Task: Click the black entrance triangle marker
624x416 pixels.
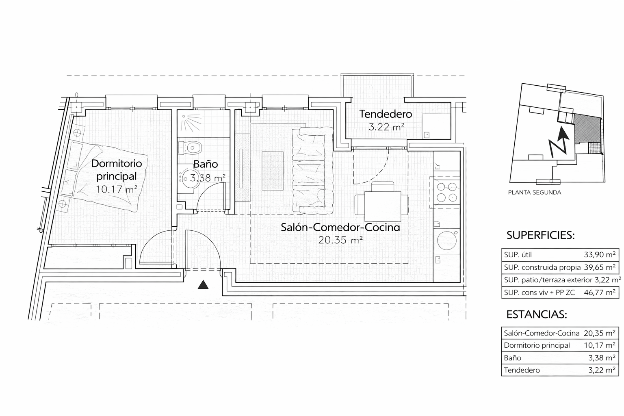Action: (203, 285)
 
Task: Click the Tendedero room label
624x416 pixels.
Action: (386, 114)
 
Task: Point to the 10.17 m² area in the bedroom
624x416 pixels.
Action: (117, 189)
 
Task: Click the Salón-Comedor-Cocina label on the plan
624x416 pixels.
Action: (340, 227)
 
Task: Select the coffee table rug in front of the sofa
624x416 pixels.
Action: (273, 171)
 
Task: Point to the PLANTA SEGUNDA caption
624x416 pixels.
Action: (535, 193)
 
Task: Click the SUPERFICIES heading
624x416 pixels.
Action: (540, 236)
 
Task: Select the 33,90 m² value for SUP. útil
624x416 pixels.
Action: (600, 254)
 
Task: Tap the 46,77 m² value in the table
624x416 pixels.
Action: (600, 292)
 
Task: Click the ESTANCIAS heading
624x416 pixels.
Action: (537, 314)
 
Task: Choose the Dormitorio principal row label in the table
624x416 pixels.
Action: (537, 345)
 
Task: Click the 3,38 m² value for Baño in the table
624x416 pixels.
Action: (602, 358)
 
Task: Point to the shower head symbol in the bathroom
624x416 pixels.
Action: (191, 123)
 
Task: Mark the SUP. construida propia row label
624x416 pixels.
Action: (542, 267)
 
